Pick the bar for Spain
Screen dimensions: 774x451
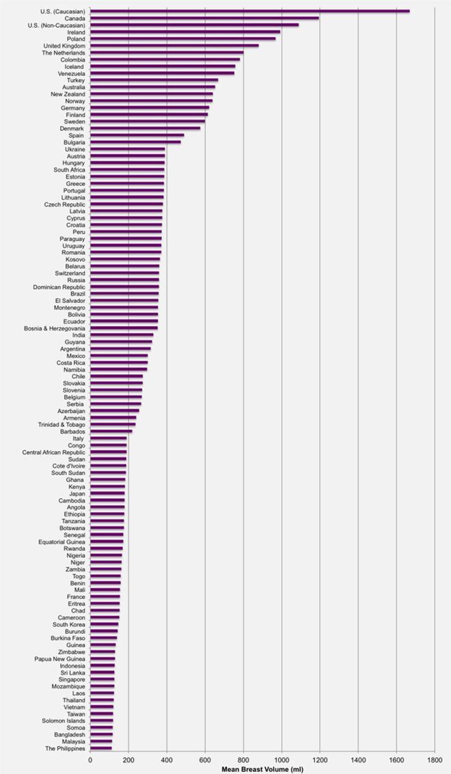coord(137,135)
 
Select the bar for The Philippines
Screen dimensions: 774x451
coord(101,749)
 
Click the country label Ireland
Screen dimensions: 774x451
coord(76,31)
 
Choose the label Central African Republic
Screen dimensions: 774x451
coord(54,452)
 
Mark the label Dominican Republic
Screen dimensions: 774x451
coord(59,286)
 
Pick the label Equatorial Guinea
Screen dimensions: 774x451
coord(61,542)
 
